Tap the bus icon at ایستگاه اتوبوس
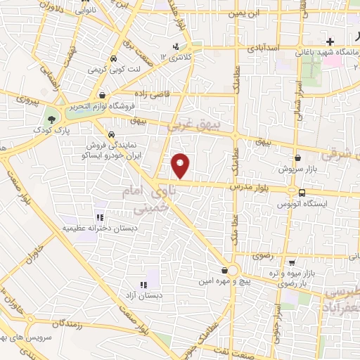coord(302,193)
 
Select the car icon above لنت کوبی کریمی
coord(114,60)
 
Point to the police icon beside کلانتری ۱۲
coord(165,56)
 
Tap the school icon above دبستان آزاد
coord(144,285)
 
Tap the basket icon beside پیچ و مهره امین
coord(224,271)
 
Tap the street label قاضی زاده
coord(149,92)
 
